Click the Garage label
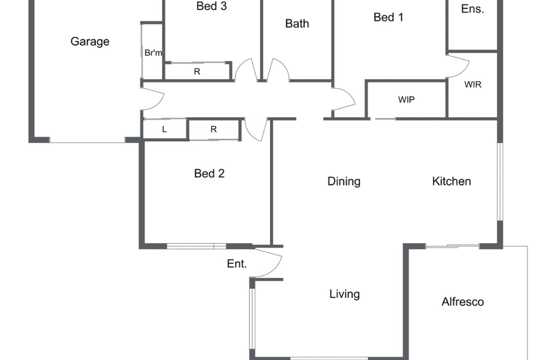[x=90, y=42]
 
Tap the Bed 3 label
[x=211, y=6]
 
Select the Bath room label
[x=297, y=23]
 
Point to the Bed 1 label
[x=388, y=17]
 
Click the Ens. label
[x=473, y=9]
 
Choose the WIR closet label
[x=473, y=84]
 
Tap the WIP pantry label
[x=406, y=99]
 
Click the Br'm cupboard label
[x=153, y=53]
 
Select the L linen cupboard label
[x=164, y=129]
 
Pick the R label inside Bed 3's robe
[x=197, y=72]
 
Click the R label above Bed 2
[x=214, y=129]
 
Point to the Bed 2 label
[x=209, y=173]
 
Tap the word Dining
[x=344, y=181]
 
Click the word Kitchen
[x=451, y=181]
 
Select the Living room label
[x=344, y=294]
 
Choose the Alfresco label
[x=462, y=302]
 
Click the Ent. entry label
[x=236, y=264]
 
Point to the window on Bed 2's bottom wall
[x=196, y=246]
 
